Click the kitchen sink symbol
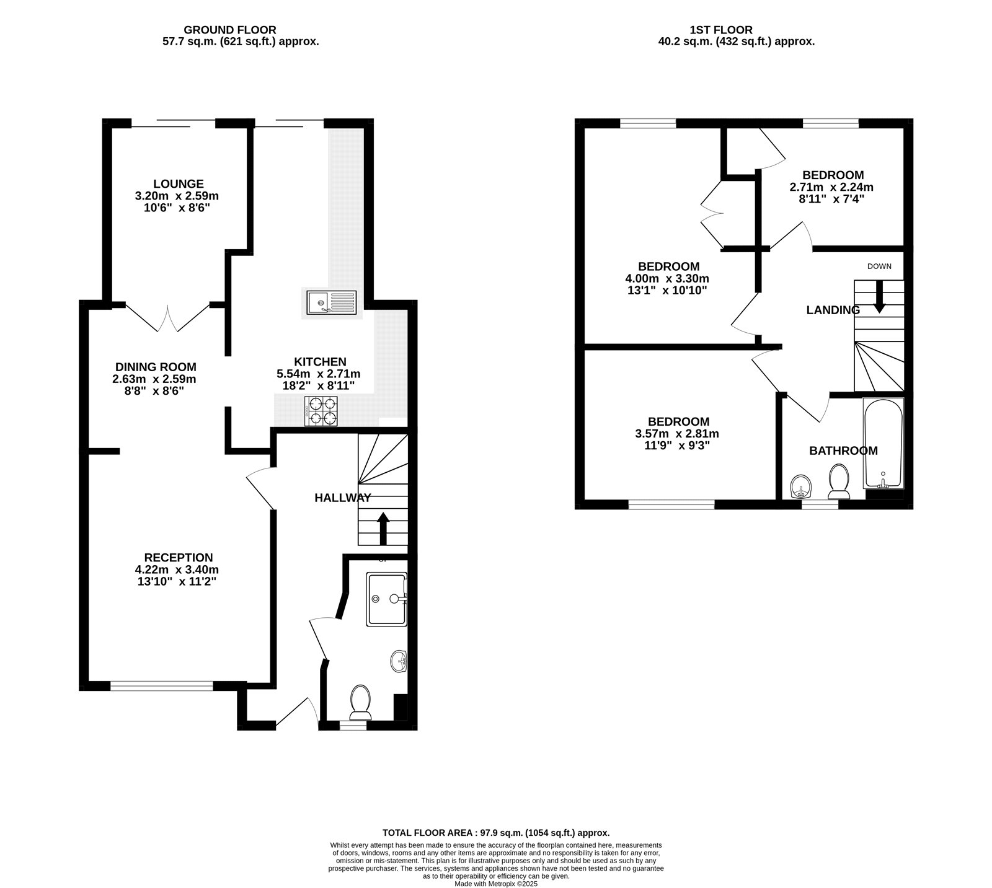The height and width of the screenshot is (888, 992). tap(332, 302)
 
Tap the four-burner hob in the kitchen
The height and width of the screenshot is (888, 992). tap(321, 411)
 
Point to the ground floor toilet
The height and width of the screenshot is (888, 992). tap(360, 701)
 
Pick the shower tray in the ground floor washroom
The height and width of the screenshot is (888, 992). tap(387, 599)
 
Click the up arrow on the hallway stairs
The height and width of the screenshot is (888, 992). tap(384, 529)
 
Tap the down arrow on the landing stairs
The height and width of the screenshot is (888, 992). tap(879, 297)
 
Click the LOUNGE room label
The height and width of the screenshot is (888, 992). tap(179, 184)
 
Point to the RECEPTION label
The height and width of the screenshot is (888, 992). tap(179, 558)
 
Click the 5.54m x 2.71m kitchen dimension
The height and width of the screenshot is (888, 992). tap(318, 374)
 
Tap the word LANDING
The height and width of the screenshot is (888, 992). tap(833, 310)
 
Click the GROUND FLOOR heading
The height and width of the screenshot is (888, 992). tap(230, 30)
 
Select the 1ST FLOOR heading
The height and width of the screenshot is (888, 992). tap(721, 30)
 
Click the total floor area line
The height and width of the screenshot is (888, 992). tap(496, 833)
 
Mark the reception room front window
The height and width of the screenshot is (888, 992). tap(162, 685)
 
